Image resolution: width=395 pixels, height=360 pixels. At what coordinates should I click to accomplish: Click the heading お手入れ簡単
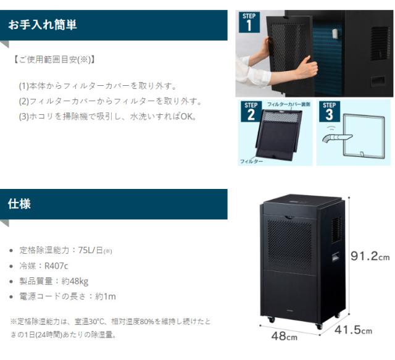(x=41, y=25)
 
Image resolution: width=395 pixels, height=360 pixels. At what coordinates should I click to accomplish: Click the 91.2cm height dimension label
(x=370, y=256)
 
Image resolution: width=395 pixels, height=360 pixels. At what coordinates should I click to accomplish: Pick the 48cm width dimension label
(x=284, y=337)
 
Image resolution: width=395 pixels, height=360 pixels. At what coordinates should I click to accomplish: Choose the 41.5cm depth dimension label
(x=353, y=330)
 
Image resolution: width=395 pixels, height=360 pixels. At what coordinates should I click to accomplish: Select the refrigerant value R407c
(x=56, y=266)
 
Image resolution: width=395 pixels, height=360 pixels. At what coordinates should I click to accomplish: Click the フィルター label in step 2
(x=251, y=161)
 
